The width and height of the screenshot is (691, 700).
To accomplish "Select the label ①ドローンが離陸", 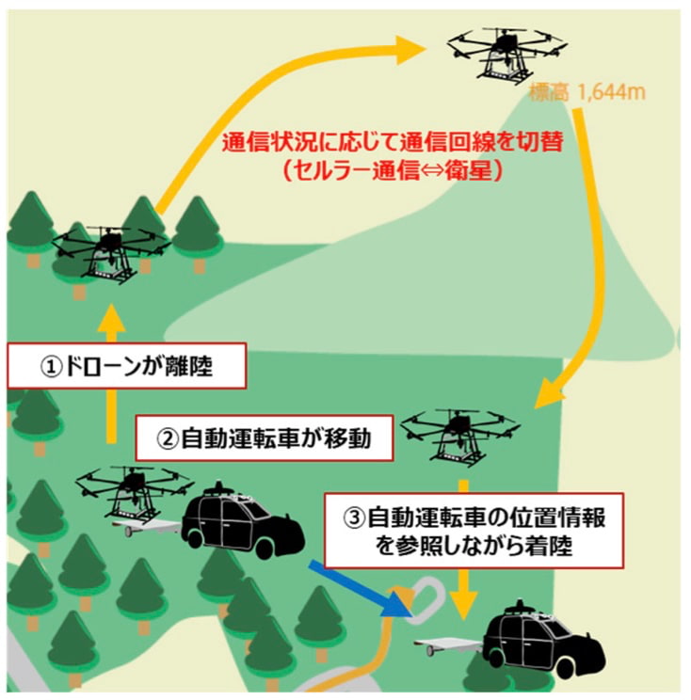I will (x=127, y=365).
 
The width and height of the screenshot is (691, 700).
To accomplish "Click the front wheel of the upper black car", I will (x=283, y=543).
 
